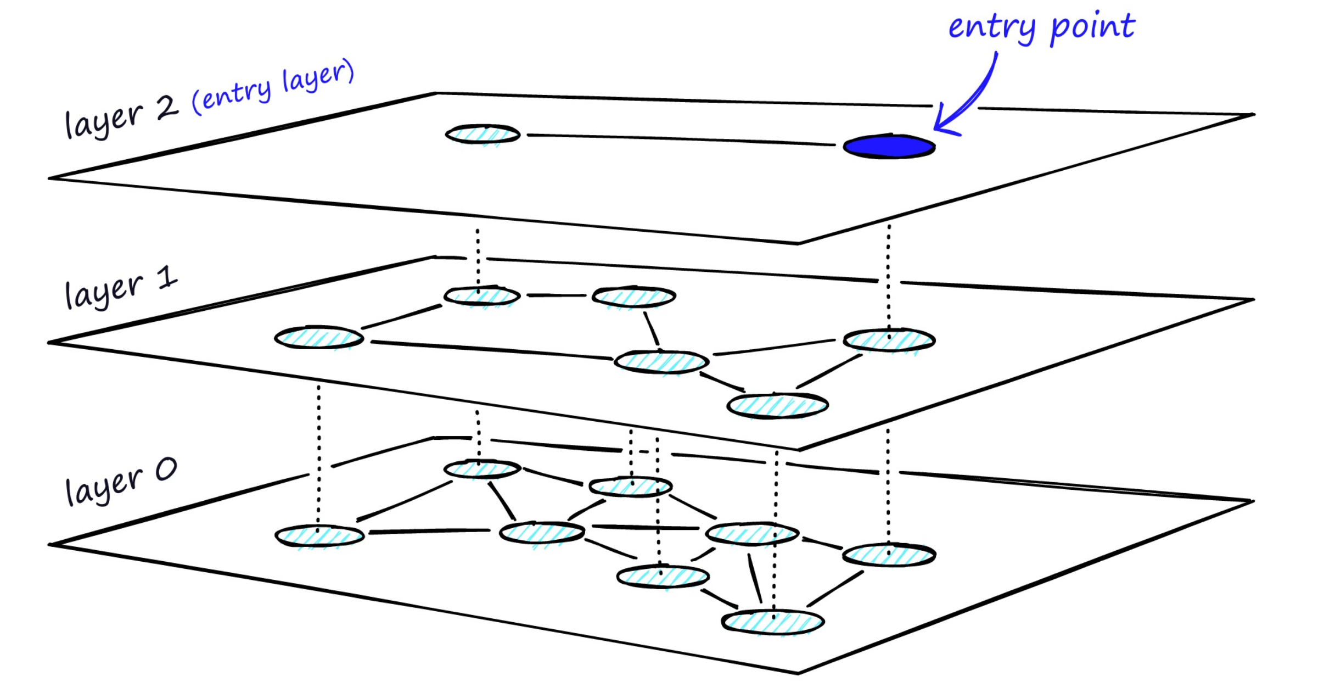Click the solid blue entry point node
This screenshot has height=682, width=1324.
889,147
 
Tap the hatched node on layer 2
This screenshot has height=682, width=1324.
483,135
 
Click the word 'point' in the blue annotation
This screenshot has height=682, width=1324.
1092,27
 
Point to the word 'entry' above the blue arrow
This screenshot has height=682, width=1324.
991,27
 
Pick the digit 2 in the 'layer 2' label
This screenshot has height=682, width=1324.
167,108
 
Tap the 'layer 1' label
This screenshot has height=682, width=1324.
121,288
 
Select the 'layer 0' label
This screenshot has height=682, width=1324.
121,482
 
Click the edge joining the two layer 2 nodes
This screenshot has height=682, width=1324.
681,139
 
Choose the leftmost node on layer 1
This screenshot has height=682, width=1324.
319,338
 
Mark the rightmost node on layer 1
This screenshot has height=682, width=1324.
889,340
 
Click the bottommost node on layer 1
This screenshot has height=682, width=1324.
777,406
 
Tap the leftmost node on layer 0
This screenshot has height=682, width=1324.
319,536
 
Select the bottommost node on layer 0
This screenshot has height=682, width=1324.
773,622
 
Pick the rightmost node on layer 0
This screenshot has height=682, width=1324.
889,555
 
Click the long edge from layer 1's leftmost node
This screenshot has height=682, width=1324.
491,350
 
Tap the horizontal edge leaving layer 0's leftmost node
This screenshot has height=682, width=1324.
428,532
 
